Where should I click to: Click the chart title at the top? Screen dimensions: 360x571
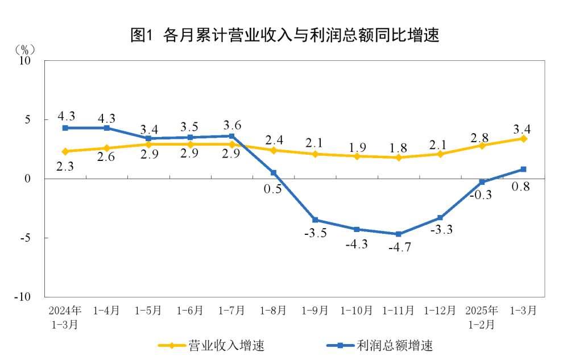click(x=285, y=35)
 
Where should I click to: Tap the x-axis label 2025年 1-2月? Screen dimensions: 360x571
click(x=482, y=317)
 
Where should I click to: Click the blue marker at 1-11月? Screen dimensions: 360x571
click(x=399, y=234)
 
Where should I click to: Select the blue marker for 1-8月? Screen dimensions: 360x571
click(x=274, y=173)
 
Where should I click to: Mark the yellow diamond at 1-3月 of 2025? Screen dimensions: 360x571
click(x=523, y=139)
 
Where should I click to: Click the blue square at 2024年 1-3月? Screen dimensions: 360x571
click(x=65, y=128)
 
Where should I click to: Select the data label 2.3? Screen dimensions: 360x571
click(x=65, y=166)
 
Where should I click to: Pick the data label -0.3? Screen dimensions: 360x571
click(x=481, y=195)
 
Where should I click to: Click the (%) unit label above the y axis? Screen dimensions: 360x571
click(x=26, y=49)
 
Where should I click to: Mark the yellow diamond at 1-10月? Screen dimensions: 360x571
click(x=357, y=156)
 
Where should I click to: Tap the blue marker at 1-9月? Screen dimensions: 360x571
click(x=315, y=220)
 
